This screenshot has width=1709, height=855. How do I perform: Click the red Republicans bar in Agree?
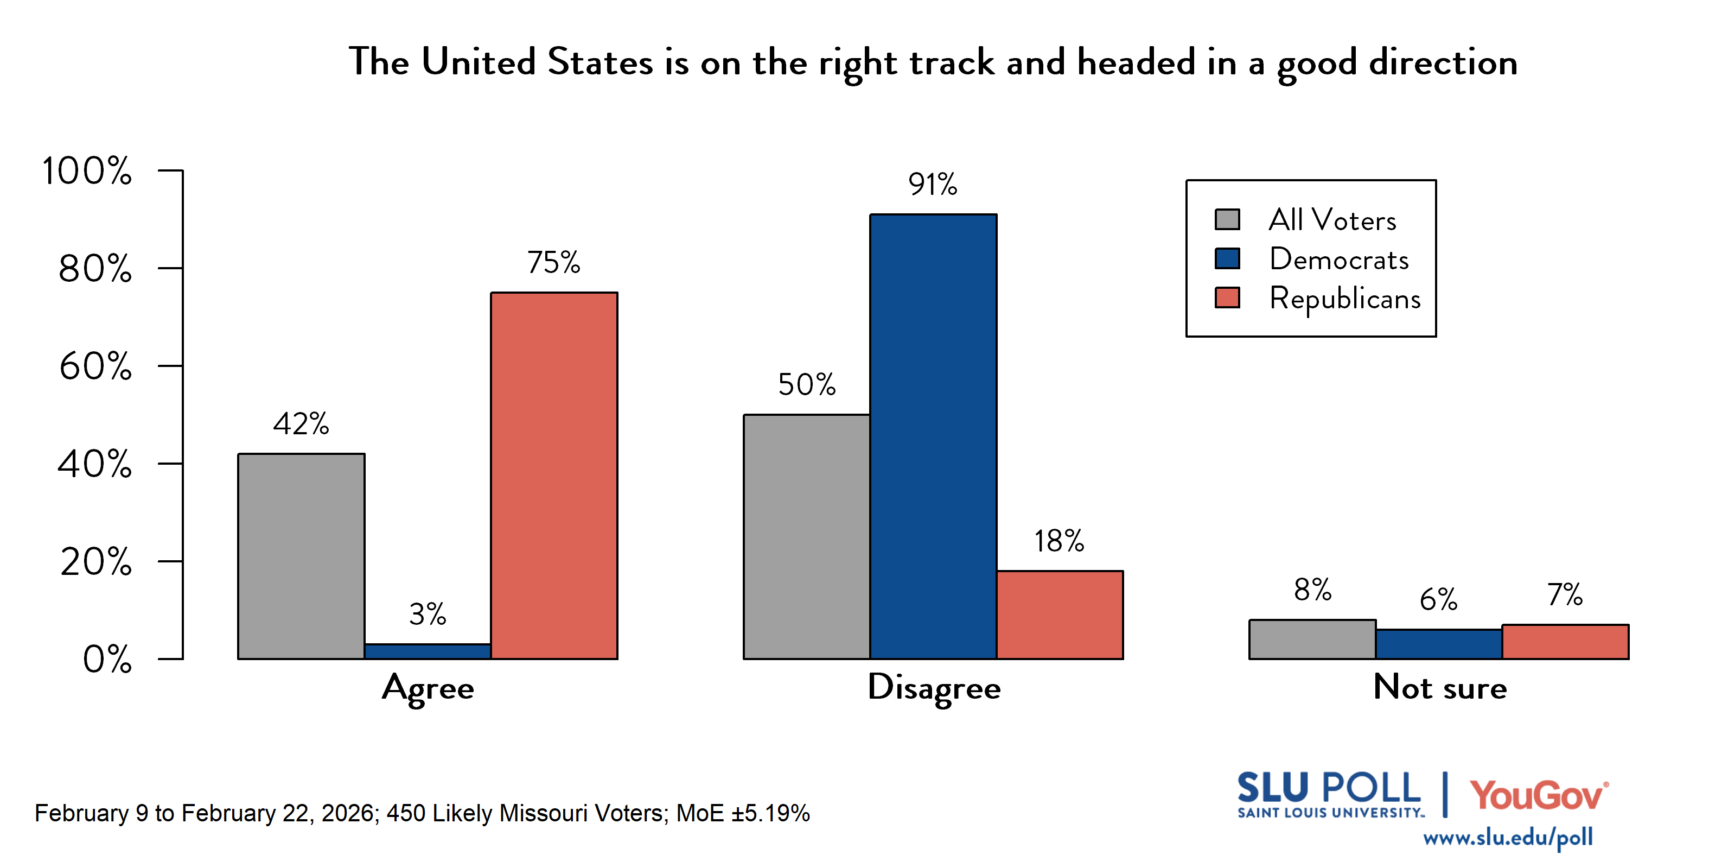point(554,476)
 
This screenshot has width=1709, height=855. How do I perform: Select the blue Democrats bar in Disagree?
point(933,436)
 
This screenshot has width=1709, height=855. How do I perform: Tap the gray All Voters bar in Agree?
point(301,556)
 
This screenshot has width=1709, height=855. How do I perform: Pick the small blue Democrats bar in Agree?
point(428,651)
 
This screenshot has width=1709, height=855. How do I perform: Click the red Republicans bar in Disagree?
point(1060,615)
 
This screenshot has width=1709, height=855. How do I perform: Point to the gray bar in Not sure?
point(1312,639)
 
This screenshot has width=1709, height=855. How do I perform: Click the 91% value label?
point(932,185)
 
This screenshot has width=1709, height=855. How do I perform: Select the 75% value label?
point(553,263)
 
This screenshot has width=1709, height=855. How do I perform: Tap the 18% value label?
point(1059,542)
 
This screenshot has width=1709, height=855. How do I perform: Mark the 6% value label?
point(1438,600)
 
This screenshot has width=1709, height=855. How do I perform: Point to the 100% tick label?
point(87,170)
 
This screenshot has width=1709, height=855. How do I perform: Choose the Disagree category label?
point(934,688)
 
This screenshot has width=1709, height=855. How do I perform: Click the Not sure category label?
point(1440,688)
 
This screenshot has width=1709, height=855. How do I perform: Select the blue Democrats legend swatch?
point(1227,259)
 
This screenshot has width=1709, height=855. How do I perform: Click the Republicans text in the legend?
point(1345,299)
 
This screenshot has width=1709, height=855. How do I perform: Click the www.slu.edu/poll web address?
point(1507,837)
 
